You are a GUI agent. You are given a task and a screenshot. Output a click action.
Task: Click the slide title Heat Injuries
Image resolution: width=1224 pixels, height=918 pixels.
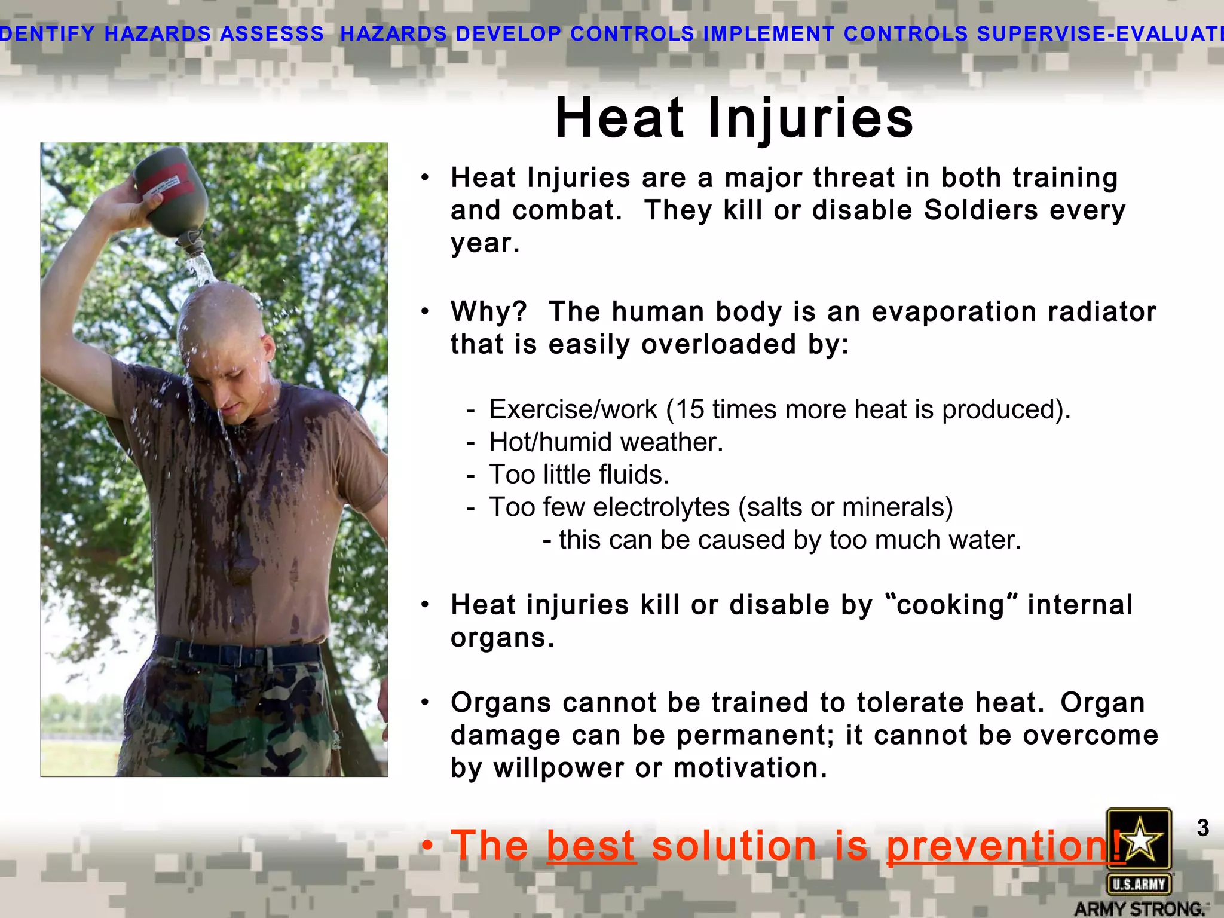734,118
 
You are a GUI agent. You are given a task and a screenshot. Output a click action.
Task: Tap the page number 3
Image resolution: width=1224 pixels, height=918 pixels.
1202,828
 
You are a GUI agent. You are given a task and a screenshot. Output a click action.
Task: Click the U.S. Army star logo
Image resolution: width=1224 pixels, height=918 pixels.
1139,839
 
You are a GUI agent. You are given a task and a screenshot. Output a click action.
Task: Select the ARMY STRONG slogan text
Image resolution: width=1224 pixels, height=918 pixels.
1139,908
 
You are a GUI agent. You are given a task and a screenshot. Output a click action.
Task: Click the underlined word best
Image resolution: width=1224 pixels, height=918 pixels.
590,846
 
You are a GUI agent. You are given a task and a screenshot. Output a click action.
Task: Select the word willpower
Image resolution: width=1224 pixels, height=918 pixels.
558,768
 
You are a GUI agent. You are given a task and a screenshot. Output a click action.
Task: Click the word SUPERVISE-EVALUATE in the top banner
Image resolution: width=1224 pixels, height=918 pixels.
1100,33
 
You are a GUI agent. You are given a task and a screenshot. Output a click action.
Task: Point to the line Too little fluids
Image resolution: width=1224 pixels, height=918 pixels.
579,475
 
